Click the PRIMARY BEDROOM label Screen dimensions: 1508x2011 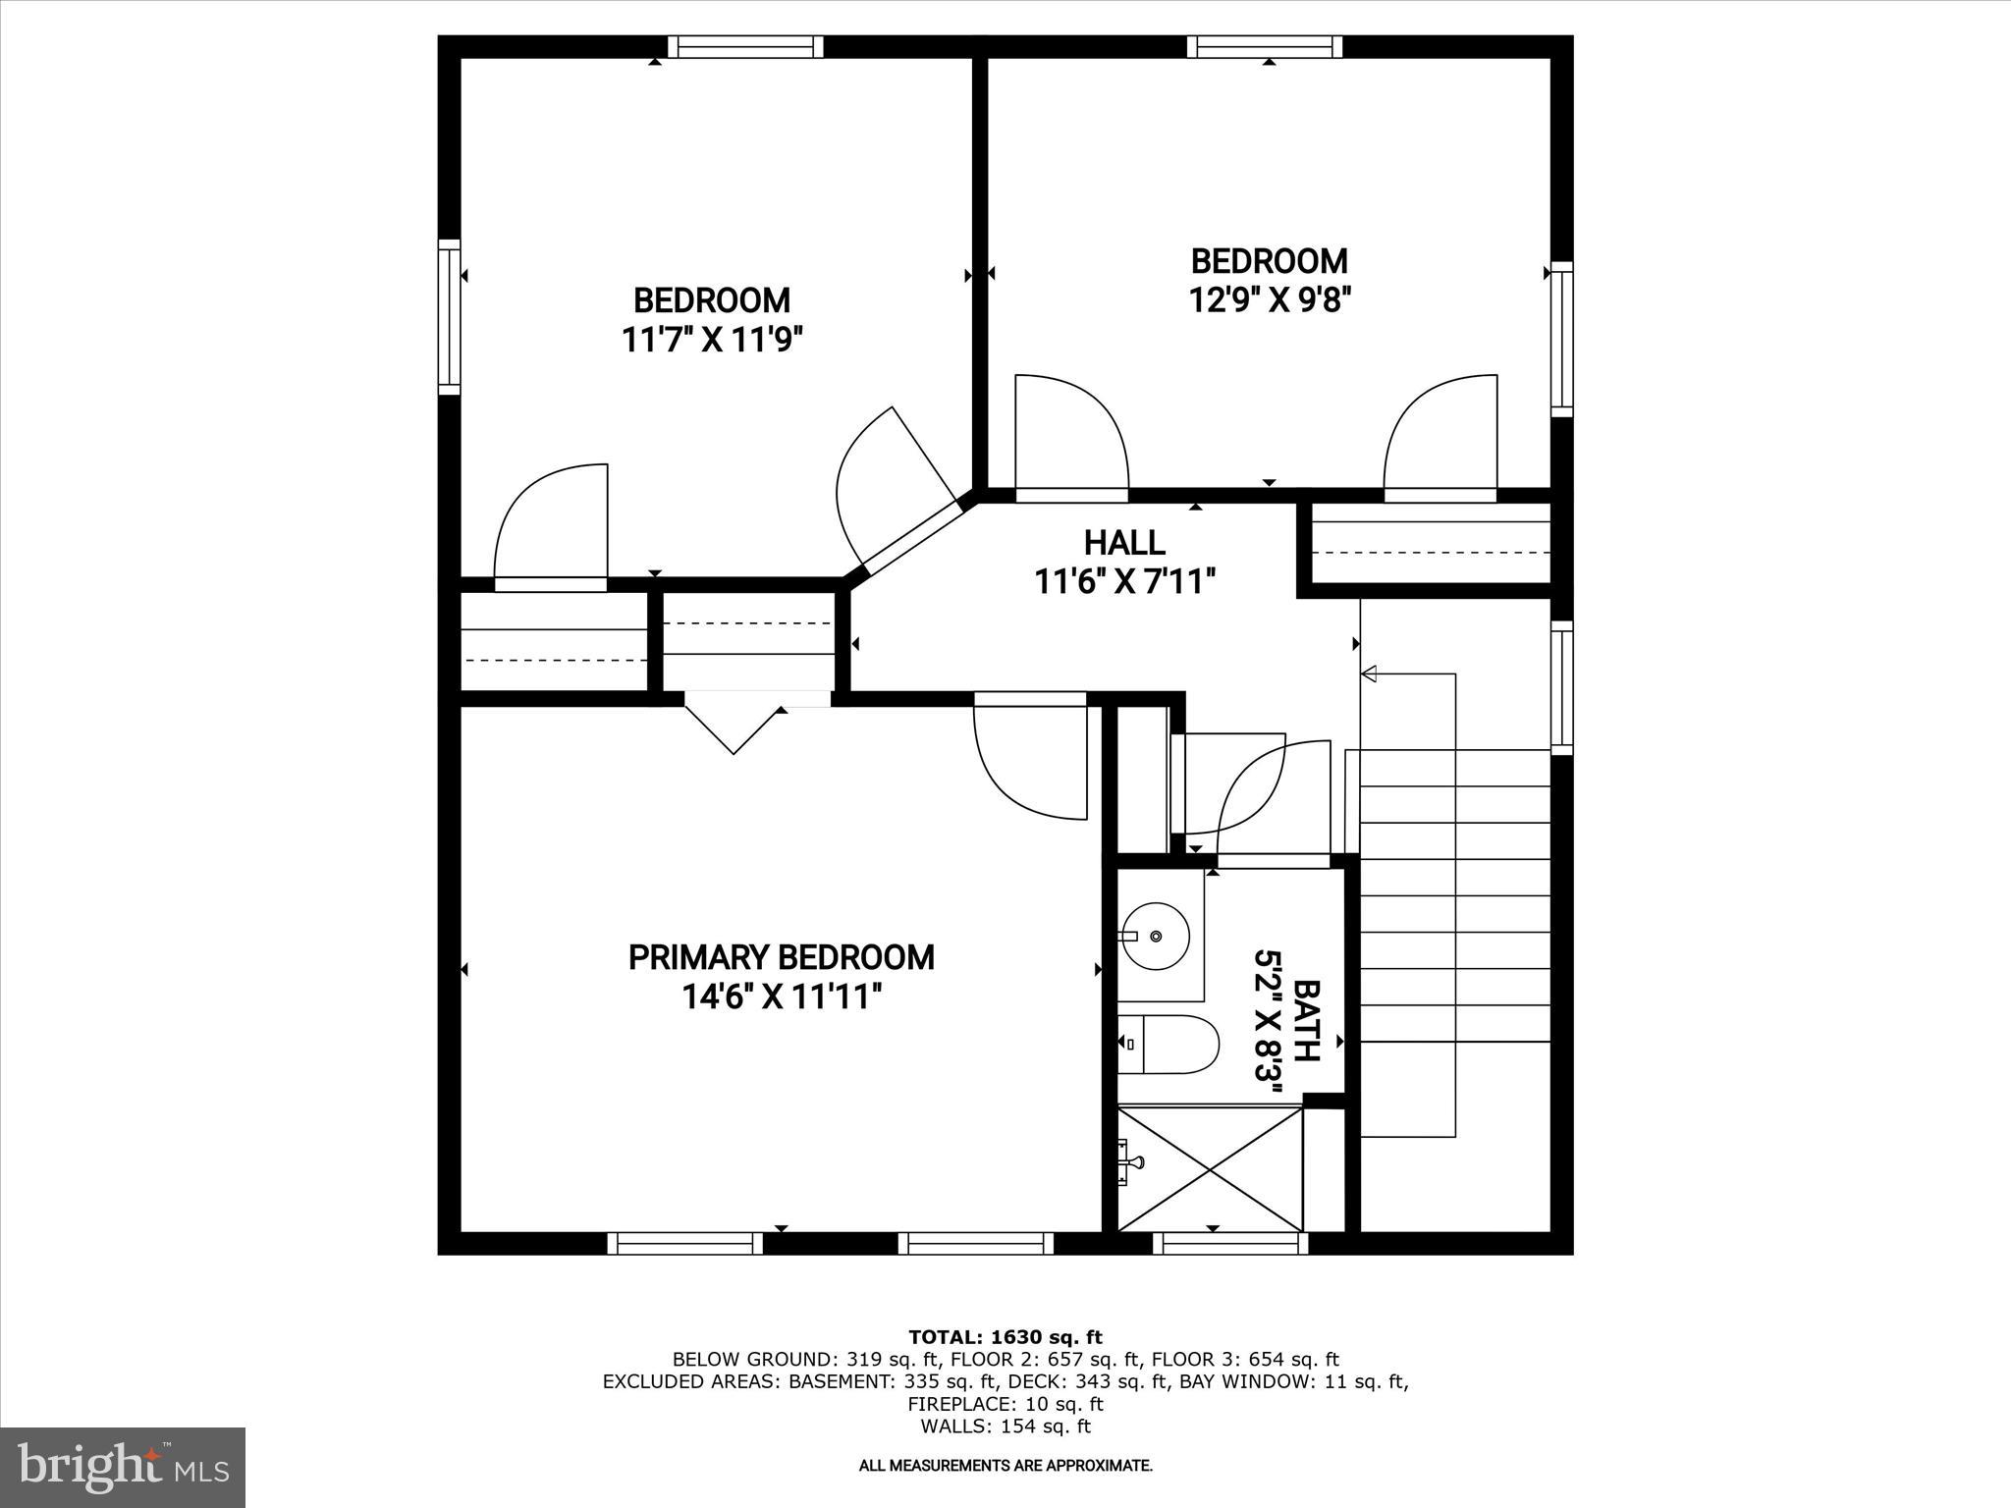click(x=781, y=957)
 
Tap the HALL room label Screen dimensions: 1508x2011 click(x=1124, y=543)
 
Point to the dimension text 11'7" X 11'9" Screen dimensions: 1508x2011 click(x=712, y=340)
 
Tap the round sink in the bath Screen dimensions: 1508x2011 click(x=1157, y=936)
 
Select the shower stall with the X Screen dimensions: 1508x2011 click(x=1211, y=1169)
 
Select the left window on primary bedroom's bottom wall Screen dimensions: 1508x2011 click(x=684, y=1244)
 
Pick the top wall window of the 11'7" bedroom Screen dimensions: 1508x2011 click(x=745, y=46)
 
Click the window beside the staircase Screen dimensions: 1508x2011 click(x=1561, y=687)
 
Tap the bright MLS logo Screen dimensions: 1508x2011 click(x=123, y=1467)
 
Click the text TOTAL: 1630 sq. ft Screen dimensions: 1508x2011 click(x=1005, y=1337)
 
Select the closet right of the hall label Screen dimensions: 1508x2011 click(x=1429, y=550)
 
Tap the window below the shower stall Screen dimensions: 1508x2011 click(x=1229, y=1244)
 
